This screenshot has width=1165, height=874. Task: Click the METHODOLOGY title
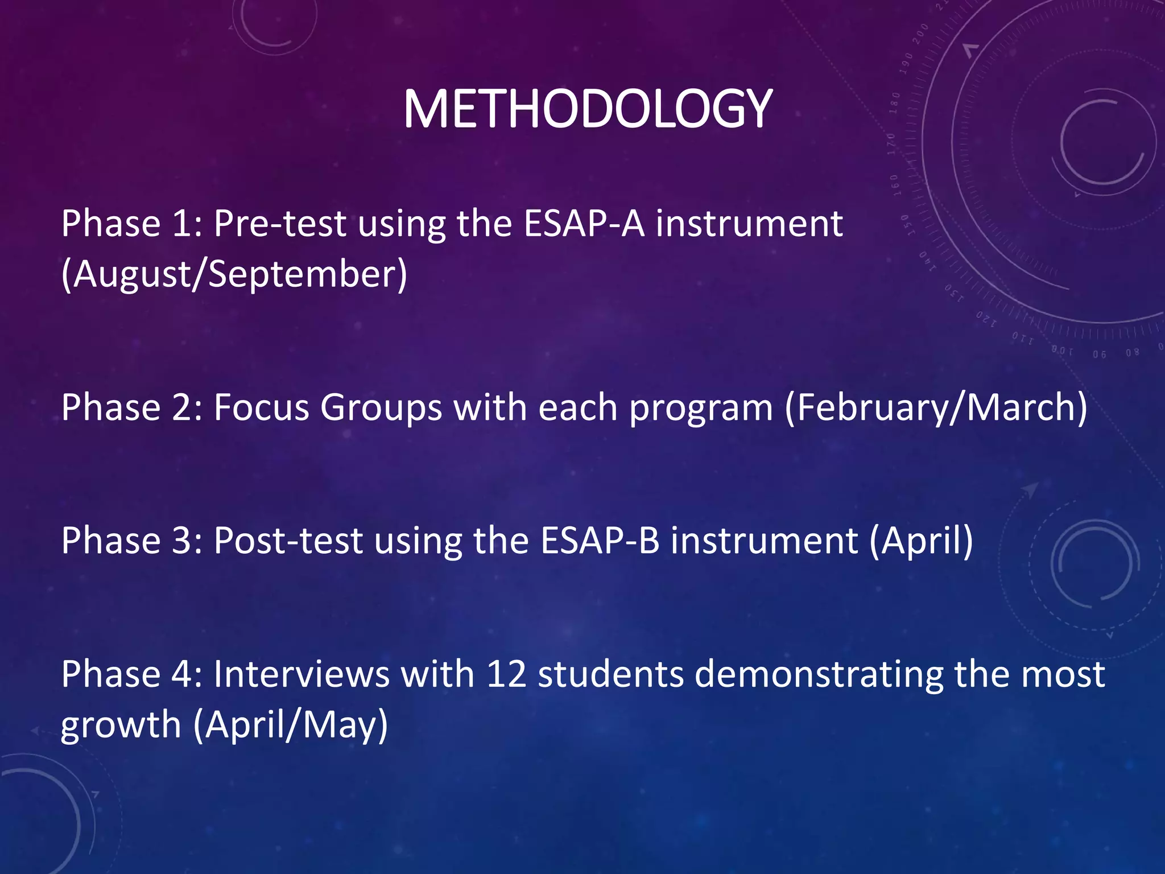pyautogui.click(x=587, y=109)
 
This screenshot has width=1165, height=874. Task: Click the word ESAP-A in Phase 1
pyautogui.click(x=584, y=224)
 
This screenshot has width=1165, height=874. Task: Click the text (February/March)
pyautogui.click(x=936, y=407)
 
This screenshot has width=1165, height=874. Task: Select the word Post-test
pyautogui.click(x=288, y=541)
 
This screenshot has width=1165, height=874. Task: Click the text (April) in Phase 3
pyautogui.click(x=921, y=541)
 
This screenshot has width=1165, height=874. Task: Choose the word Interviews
pyautogui.click(x=301, y=674)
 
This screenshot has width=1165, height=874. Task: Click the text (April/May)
pyautogui.click(x=291, y=725)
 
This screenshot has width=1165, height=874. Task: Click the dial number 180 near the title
pyautogui.click(x=895, y=102)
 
